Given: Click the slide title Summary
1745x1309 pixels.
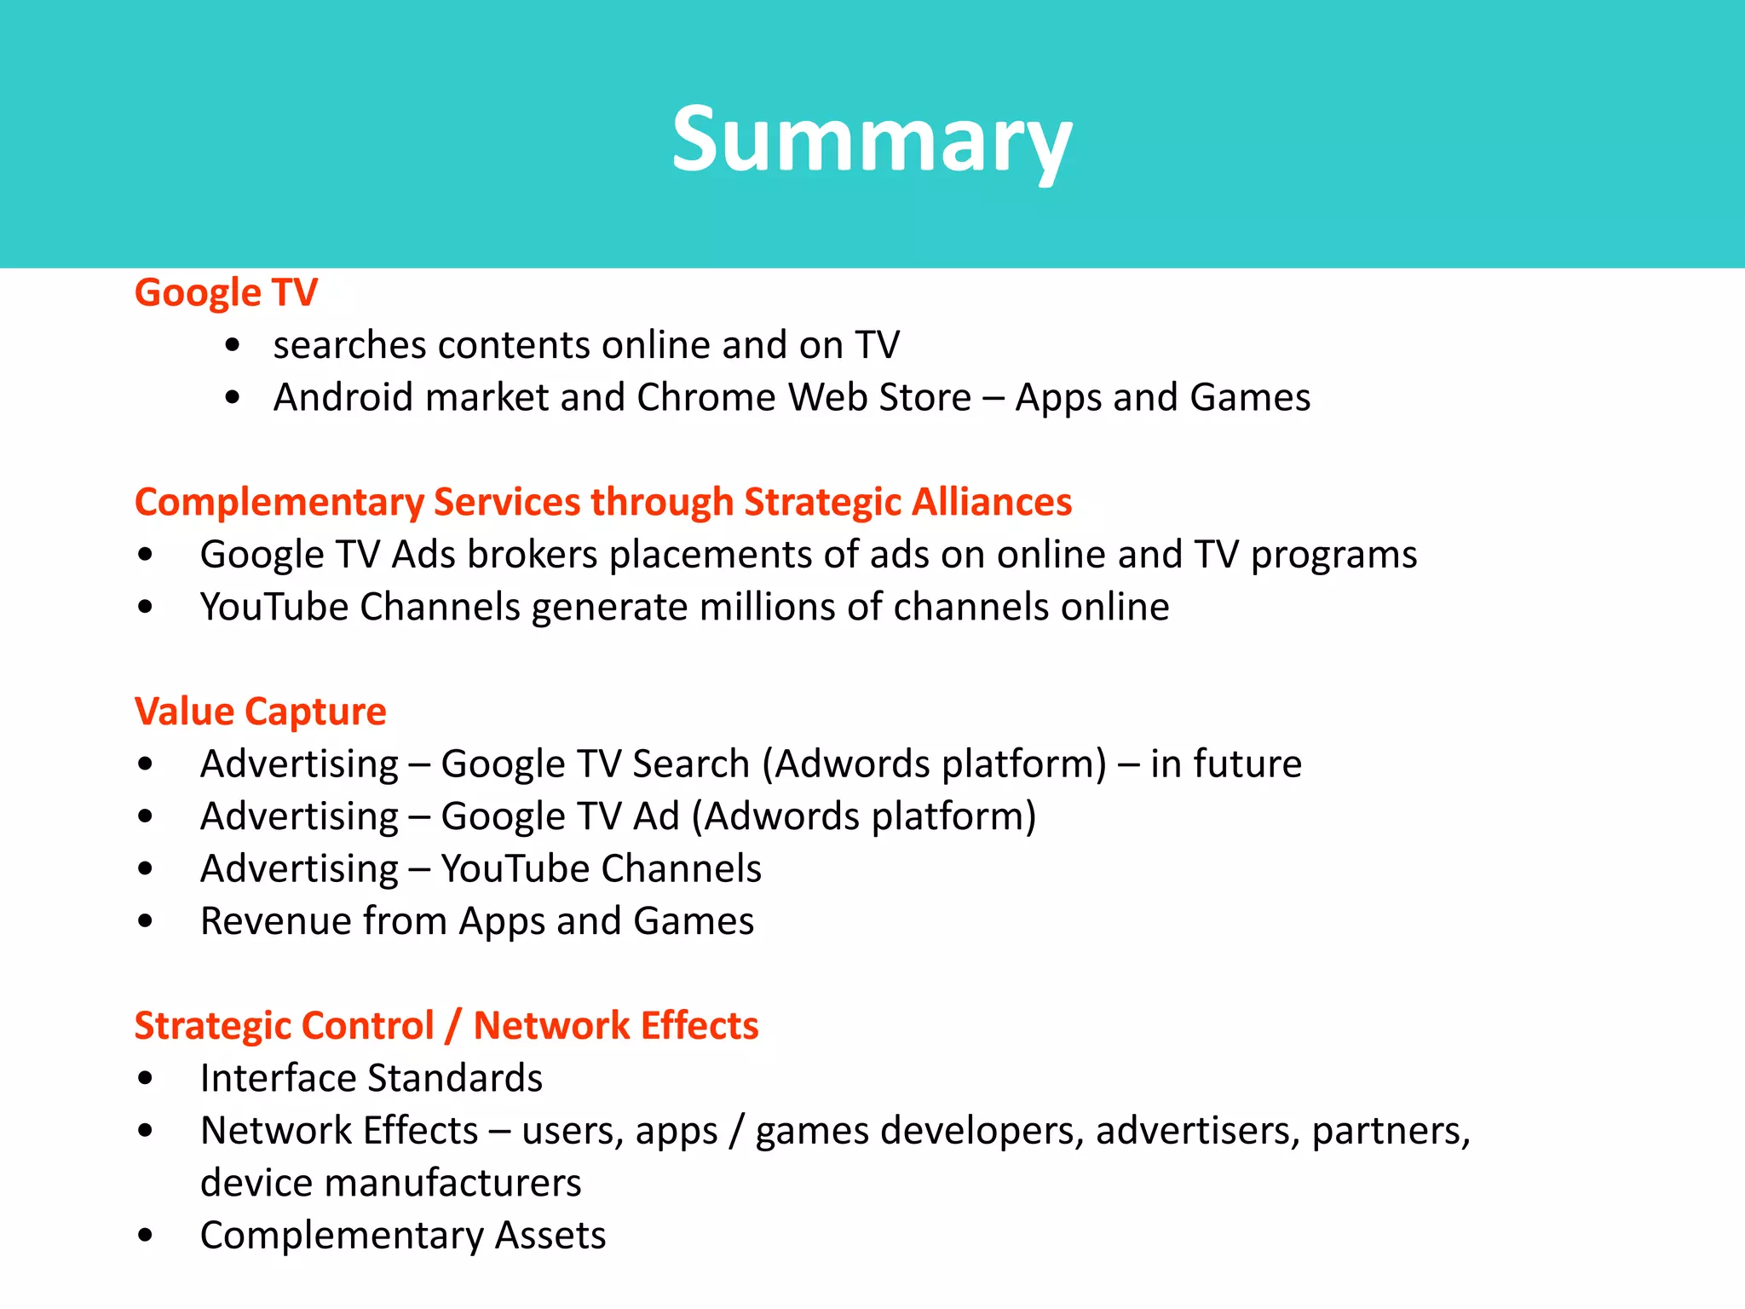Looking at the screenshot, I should point(872,141).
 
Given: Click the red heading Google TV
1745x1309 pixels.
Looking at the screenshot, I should point(226,292).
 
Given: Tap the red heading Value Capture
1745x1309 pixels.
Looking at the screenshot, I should point(260,712).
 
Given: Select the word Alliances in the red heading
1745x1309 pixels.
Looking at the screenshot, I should point(992,502).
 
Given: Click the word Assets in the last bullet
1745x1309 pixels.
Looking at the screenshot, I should point(550,1236).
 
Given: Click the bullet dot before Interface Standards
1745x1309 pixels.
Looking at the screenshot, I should point(146,1079).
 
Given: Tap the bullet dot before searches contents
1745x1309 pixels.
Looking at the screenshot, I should point(233,346).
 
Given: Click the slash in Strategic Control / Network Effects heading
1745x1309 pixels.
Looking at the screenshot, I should point(452,1026).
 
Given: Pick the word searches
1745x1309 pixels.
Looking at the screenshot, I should point(348,345).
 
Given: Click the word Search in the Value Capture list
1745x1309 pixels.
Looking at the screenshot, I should point(690,764).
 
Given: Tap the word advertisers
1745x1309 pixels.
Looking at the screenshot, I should point(1196,1131).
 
